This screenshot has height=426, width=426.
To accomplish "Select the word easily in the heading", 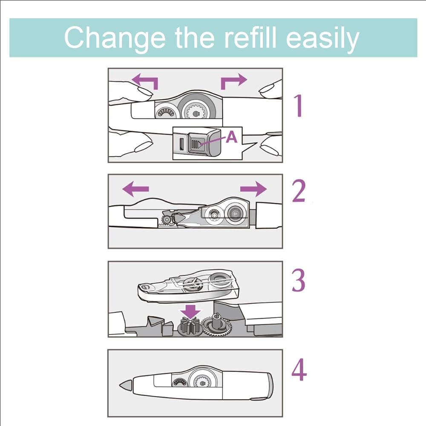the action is tap(322, 38).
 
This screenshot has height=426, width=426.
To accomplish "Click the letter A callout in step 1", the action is tap(231, 137).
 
